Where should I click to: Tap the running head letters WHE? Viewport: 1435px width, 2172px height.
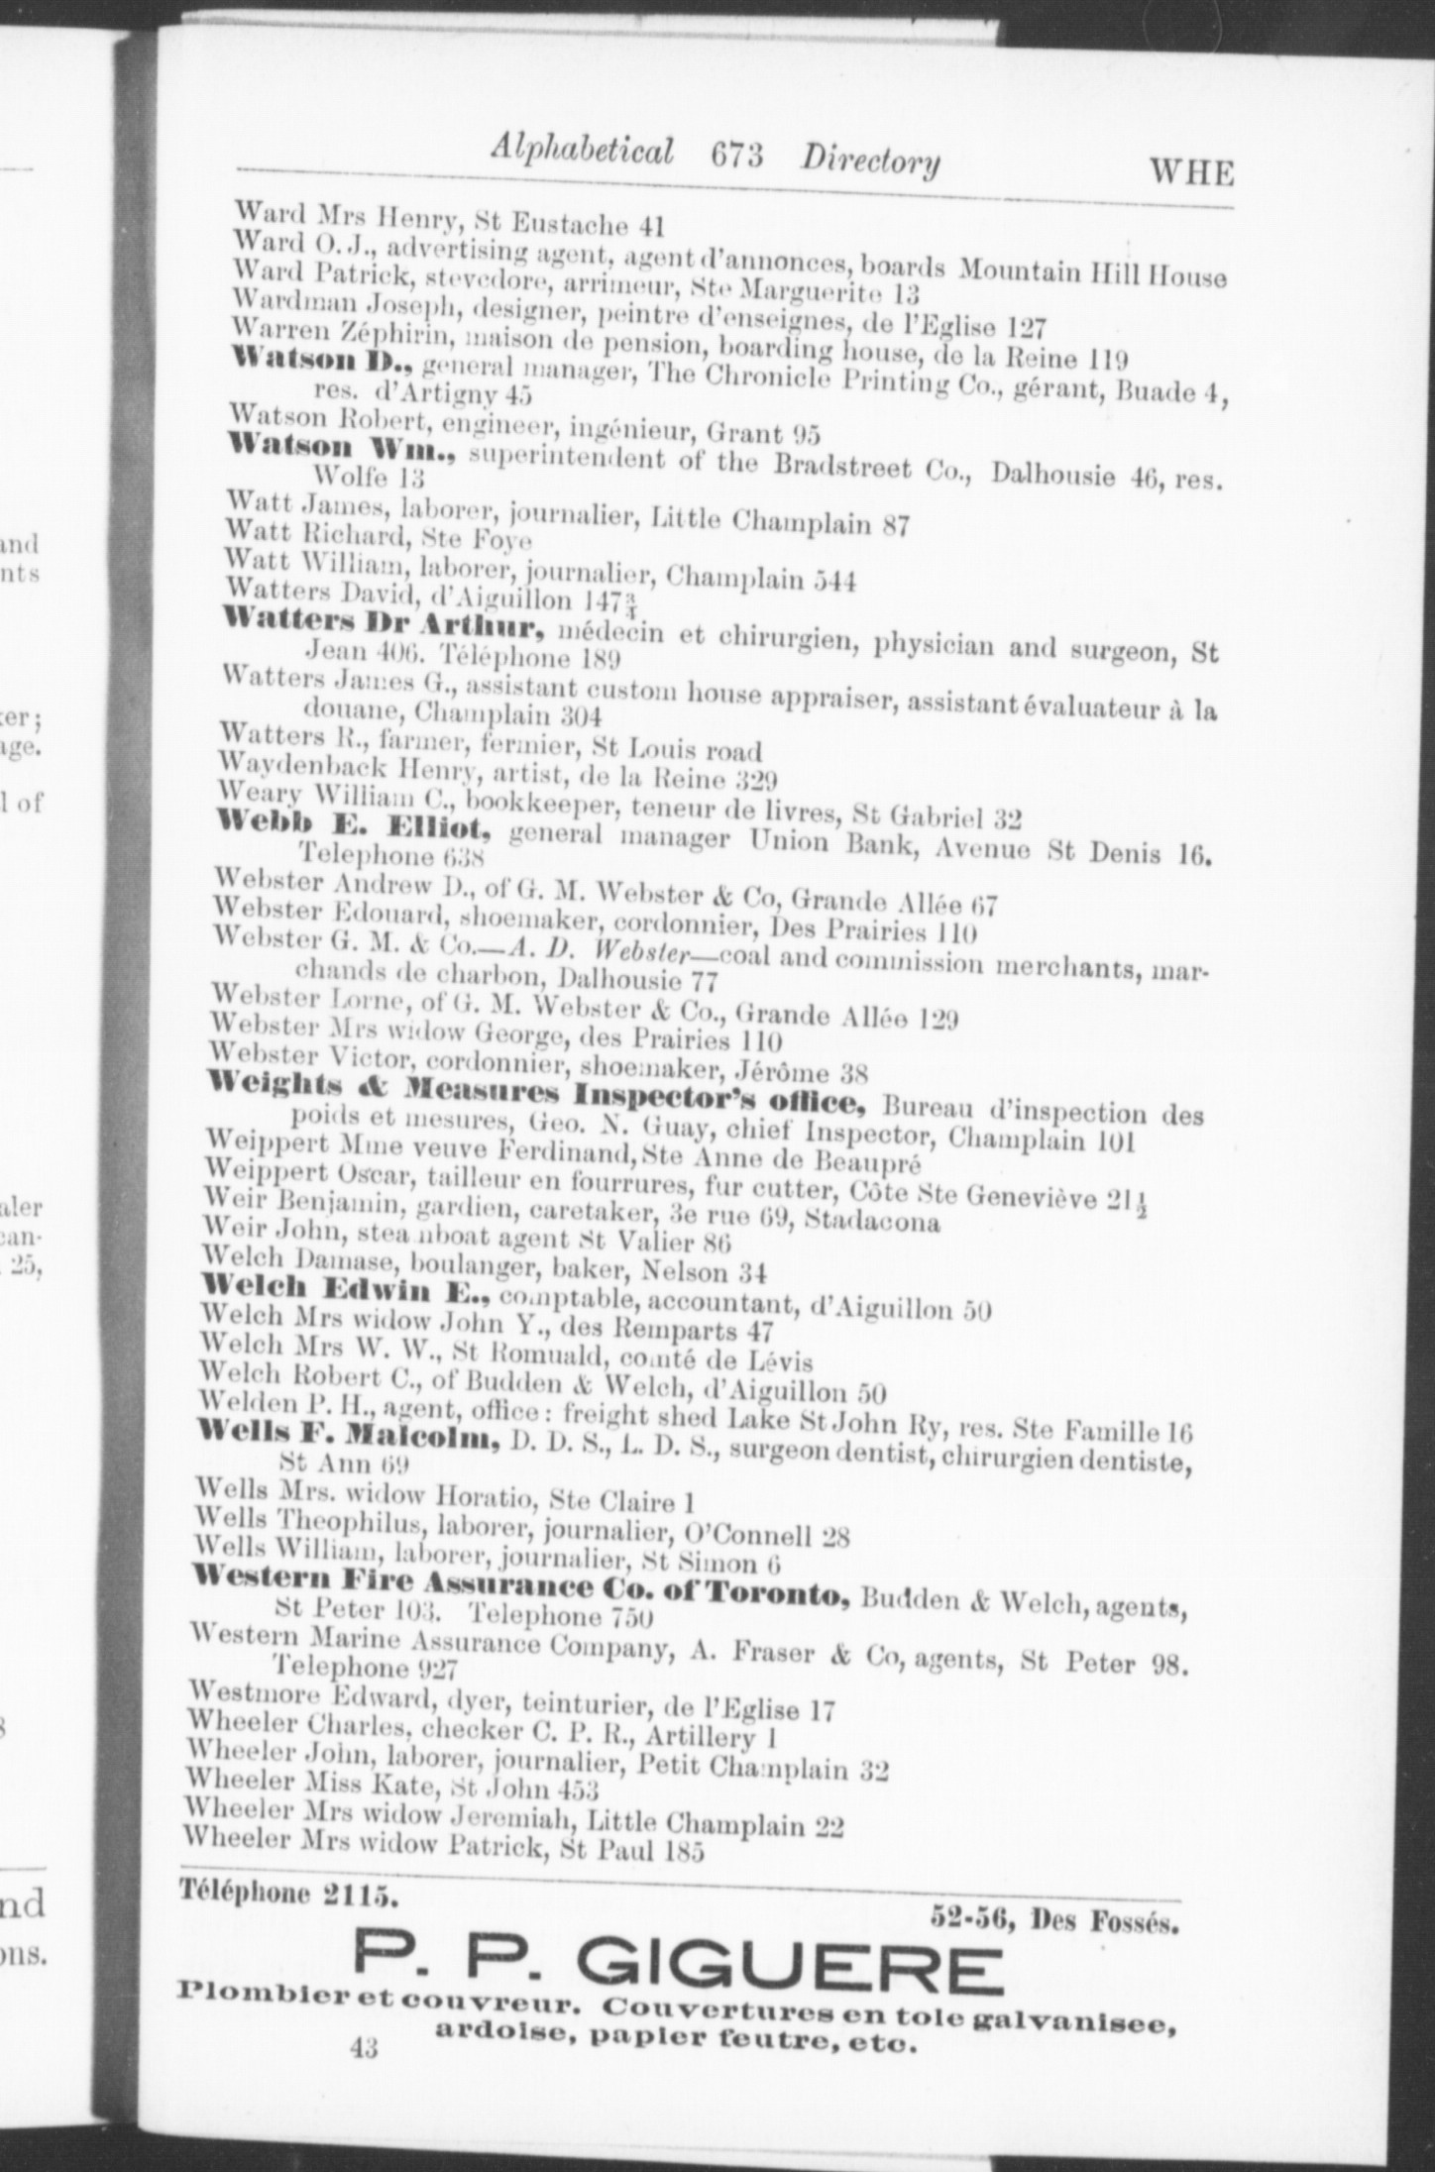(1190, 173)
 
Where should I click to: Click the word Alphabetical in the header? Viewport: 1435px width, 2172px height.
(582, 152)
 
